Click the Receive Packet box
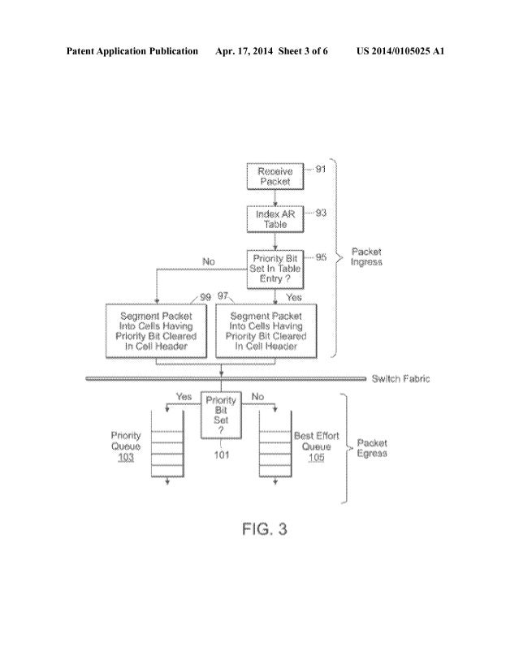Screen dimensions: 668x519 click(274, 176)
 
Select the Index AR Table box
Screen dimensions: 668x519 click(274, 218)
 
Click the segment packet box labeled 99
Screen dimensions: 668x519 click(156, 330)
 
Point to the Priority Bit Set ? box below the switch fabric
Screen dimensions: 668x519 click(221, 413)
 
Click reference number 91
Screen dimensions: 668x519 click(320, 169)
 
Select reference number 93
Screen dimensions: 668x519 click(320, 213)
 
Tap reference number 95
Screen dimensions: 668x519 click(321, 257)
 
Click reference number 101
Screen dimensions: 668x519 click(221, 455)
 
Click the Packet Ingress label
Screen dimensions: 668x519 click(366, 256)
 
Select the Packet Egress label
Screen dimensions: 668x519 click(371, 448)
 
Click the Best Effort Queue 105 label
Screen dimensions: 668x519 click(316, 446)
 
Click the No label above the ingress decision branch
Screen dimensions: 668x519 click(208, 261)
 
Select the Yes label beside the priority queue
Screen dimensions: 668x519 click(184, 397)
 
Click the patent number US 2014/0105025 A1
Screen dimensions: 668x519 click(400, 51)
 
